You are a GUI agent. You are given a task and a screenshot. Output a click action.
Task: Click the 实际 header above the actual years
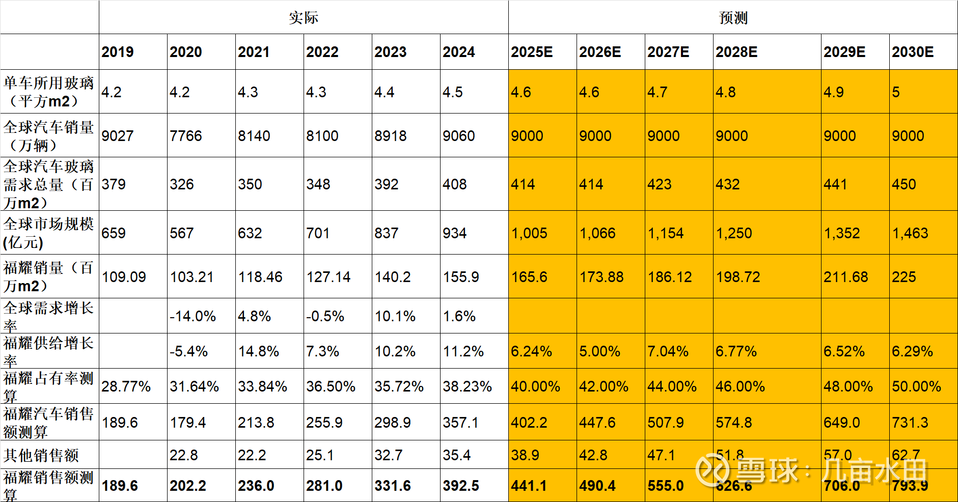point(304,18)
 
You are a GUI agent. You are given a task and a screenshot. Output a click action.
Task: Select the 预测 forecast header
point(733,18)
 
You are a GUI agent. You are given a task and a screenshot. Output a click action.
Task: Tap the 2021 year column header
point(254,52)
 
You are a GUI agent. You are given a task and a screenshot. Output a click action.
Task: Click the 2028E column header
point(736,52)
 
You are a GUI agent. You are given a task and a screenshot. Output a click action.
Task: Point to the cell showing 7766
point(186,136)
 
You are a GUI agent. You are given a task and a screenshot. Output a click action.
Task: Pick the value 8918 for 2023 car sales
point(391,136)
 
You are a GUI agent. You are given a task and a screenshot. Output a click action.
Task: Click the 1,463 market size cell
point(910,233)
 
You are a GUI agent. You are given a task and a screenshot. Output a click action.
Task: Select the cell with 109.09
point(124,277)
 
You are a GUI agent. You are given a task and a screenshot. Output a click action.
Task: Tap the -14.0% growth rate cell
point(193,316)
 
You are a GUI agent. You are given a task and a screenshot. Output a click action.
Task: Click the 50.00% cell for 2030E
point(916,386)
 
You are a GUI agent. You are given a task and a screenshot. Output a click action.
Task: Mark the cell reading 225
point(904,277)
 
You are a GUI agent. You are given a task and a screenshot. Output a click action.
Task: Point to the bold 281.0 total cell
point(324,486)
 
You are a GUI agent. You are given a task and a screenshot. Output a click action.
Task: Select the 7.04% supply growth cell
point(668,351)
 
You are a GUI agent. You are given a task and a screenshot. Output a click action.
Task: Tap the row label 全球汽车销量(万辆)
point(49,136)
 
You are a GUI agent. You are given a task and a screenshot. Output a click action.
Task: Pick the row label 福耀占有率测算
point(49,386)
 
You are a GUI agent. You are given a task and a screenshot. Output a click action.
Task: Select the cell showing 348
point(318,184)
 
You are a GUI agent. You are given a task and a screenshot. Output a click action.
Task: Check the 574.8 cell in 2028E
point(734,423)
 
